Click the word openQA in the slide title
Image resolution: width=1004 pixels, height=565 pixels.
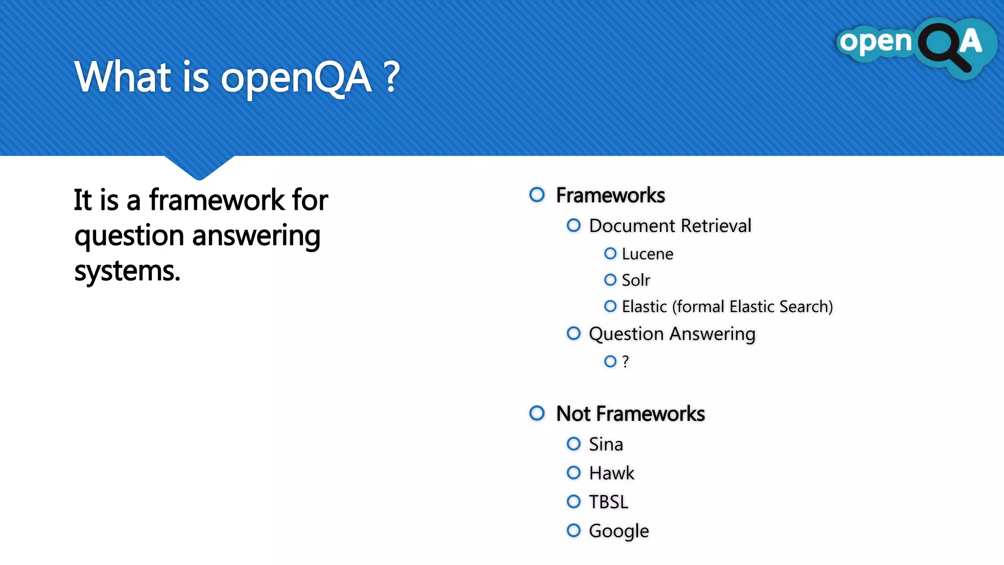pos(296,77)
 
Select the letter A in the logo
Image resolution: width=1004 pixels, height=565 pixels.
pos(971,41)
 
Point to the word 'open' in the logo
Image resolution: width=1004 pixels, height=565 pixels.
pos(875,42)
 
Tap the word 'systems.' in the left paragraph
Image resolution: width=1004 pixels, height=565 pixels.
pos(127,271)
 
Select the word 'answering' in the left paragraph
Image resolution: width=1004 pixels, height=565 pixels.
pos(256,236)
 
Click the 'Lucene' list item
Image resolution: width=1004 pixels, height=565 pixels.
pos(647,254)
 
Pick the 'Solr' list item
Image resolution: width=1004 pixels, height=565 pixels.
pos(636,280)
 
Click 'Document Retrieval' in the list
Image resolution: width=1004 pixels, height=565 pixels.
pos(670,226)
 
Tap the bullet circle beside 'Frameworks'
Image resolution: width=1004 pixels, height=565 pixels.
pos(537,195)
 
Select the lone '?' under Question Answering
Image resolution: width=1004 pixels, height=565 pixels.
pos(625,361)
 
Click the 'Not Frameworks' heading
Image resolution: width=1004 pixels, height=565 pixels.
pos(630,414)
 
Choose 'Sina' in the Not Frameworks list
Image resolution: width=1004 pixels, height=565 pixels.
pos(606,444)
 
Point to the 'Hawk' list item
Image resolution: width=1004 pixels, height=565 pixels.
pos(611,473)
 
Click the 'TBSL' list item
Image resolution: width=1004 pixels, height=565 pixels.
pos(608,502)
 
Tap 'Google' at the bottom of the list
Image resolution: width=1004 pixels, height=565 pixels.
pos(619,531)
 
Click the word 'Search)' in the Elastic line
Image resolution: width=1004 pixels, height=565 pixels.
pos(806,307)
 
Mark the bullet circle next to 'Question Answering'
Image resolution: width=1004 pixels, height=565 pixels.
pos(574,334)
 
